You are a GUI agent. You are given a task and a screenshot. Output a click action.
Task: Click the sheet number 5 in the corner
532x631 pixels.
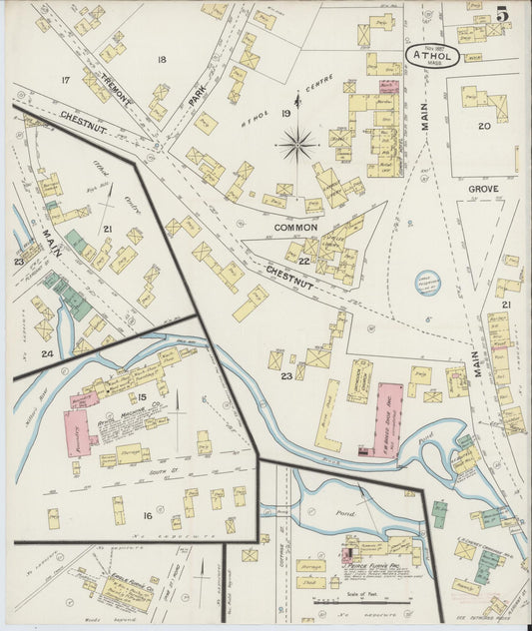point(503,14)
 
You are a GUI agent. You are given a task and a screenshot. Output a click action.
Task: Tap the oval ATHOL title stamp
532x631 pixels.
point(432,56)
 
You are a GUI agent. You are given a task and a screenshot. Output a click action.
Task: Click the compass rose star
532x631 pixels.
point(296,145)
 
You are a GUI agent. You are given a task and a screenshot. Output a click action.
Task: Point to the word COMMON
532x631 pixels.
point(295,228)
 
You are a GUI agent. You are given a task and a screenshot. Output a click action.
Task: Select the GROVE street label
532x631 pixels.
point(483,188)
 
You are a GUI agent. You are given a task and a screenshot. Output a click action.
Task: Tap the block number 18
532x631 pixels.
point(162,61)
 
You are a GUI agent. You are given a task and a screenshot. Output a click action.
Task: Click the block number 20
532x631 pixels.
point(483,126)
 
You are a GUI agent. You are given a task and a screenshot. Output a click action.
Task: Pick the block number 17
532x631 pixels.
point(65,80)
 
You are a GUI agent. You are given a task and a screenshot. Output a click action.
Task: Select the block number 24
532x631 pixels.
point(46,352)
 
